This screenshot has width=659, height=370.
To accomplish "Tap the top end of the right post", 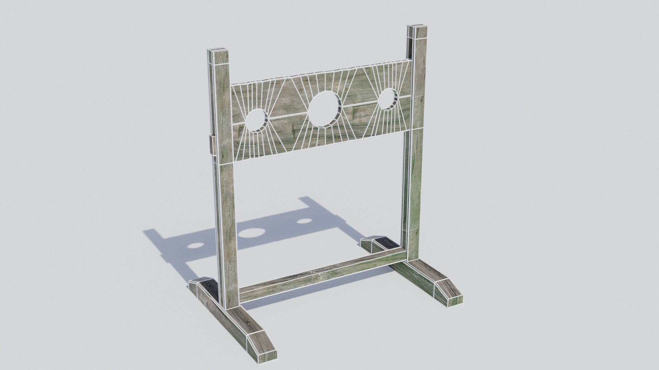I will coord(417,28).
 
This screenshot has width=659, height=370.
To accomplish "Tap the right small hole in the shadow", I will coord(304,221).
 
